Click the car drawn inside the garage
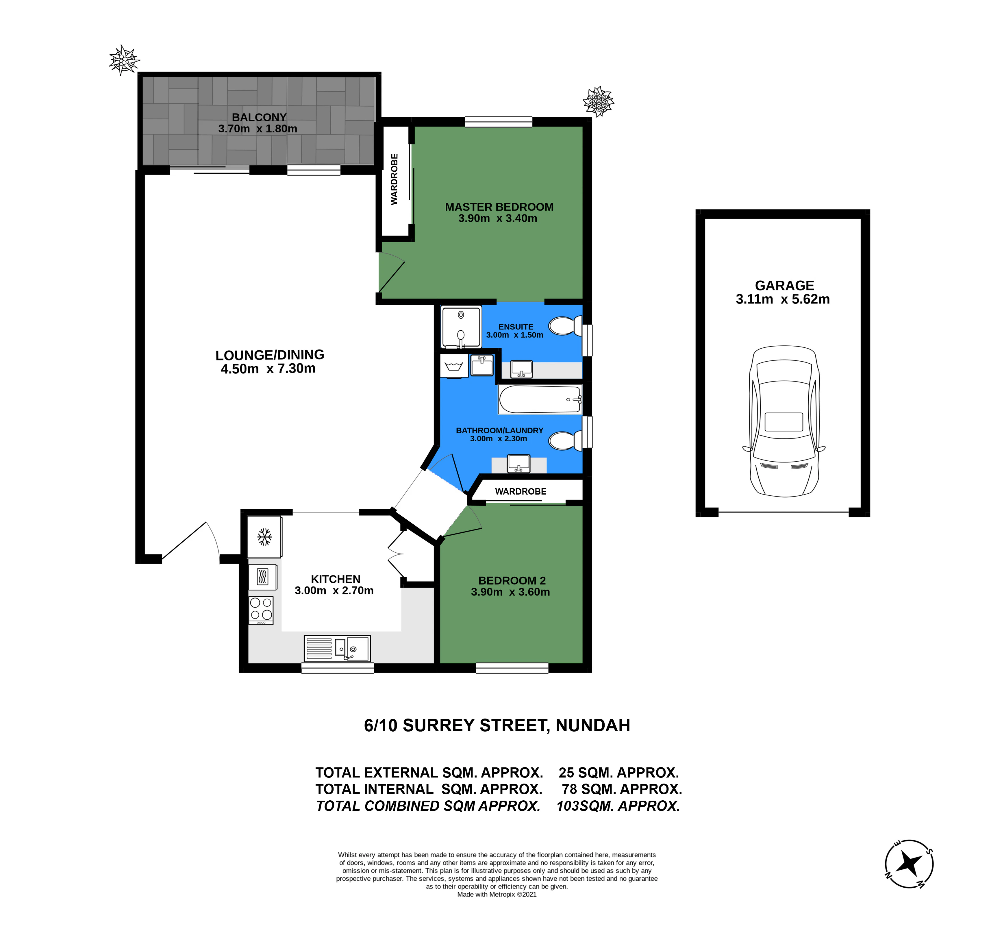click(784, 421)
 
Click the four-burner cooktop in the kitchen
click(261, 610)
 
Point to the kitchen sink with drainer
click(337, 648)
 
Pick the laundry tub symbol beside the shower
click(454, 366)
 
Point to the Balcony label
click(259, 117)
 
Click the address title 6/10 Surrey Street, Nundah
click(497, 725)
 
